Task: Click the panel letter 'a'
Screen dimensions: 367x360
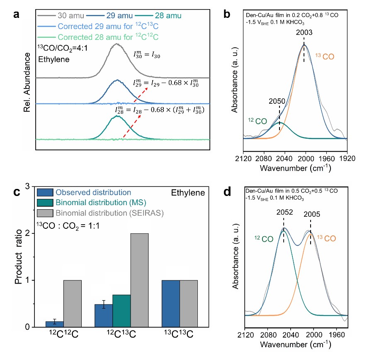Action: [16, 15]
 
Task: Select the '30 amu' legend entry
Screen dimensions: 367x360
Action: [61, 16]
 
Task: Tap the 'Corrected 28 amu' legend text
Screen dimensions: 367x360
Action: [87, 37]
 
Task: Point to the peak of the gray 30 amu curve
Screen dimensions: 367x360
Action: [117, 44]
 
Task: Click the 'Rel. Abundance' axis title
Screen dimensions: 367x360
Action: [27, 82]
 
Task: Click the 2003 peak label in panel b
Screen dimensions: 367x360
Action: [304, 32]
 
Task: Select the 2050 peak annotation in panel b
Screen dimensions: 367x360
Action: [277, 101]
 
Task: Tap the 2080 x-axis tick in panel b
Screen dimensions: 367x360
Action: [264, 159]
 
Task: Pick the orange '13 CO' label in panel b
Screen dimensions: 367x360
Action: [325, 56]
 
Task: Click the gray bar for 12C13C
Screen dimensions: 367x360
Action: [139, 280]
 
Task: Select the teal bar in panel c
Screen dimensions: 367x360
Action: [122, 311]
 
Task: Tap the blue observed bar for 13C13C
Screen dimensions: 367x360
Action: [171, 304]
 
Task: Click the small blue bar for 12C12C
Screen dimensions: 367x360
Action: [55, 324]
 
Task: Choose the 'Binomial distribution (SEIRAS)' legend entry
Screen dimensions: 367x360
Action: [100, 213]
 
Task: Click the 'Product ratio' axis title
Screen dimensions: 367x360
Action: [18, 257]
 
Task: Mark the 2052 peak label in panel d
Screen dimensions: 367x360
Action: [284, 212]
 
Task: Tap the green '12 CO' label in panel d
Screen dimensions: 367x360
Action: [264, 239]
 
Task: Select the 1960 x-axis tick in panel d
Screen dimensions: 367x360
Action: [337, 335]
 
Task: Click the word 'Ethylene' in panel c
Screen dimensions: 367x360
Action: [188, 193]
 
